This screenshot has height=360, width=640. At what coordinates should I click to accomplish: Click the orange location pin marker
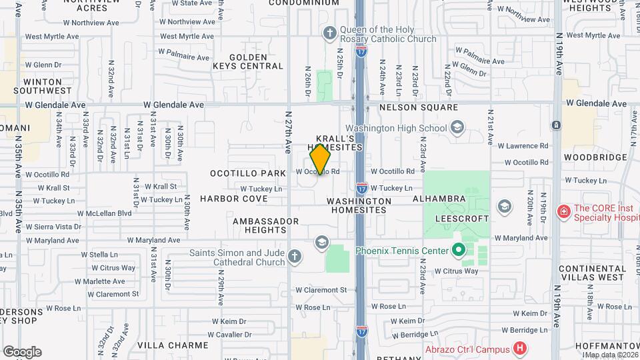pos(320,159)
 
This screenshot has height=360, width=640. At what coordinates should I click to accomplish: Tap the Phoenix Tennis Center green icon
pos(458,251)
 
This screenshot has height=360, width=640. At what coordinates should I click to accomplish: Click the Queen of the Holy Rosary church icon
pos(329,33)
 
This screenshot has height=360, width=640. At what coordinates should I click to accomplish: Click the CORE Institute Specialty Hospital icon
pos(564,212)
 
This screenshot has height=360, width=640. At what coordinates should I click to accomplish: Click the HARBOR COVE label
pos(233,199)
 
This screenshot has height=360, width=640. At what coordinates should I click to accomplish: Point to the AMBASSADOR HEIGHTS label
pos(260,225)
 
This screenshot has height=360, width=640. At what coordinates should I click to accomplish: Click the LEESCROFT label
pos(462,219)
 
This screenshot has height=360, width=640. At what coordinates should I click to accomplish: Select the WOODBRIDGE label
pos(595,157)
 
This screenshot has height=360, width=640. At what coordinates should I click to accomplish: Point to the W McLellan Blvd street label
pos(105,213)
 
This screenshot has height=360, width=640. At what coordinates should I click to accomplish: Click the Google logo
pos(22,352)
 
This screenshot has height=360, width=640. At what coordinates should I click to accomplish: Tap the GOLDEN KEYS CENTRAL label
pos(248,62)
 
